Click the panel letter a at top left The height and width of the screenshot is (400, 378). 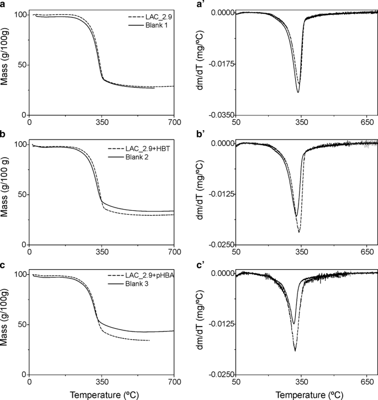[x=3, y=4]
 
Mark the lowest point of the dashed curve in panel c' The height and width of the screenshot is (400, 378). [x=295, y=351]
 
